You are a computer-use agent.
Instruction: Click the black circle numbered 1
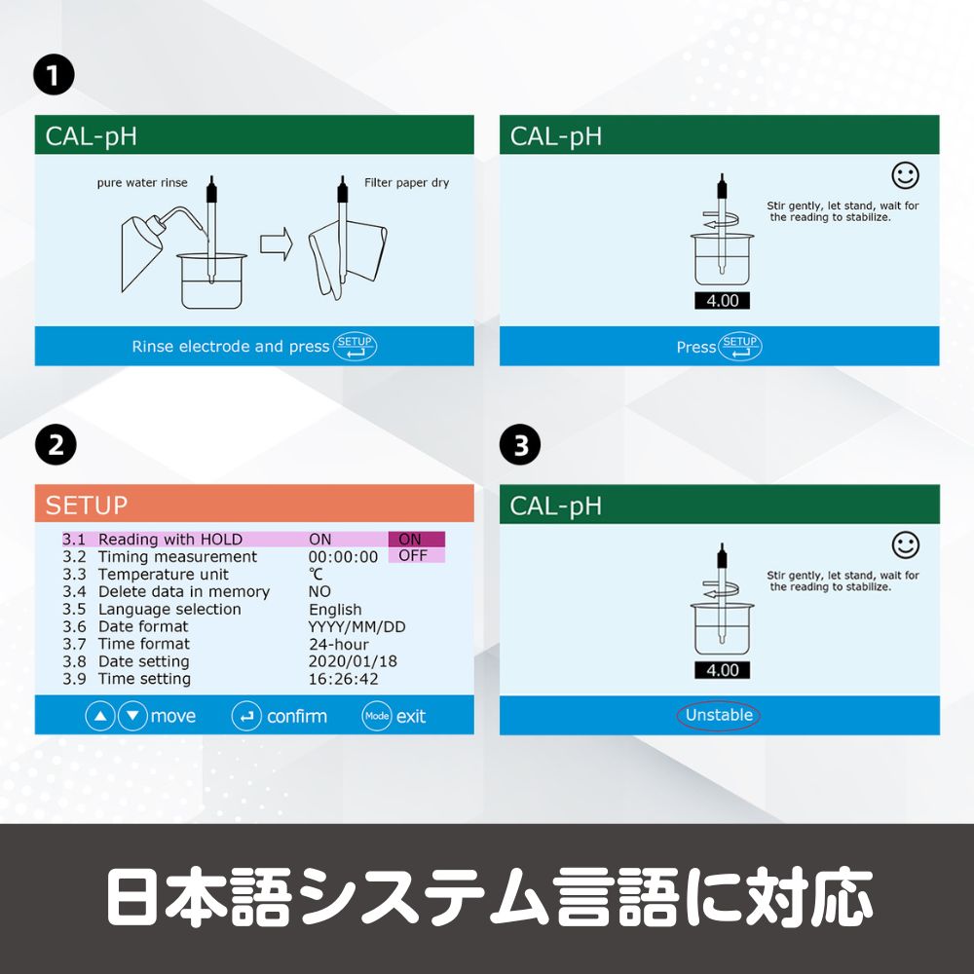point(54,75)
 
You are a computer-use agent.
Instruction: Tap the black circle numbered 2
point(56,445)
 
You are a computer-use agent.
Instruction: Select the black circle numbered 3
point(520,445)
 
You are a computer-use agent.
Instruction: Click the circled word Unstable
point(718,715)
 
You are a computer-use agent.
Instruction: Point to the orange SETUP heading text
point(87,505)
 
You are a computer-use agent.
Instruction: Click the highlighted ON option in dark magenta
point(416,539)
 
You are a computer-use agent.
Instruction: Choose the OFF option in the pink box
point(416,555)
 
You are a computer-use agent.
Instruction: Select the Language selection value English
point(335,610)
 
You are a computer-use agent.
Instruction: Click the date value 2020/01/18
point(353,661)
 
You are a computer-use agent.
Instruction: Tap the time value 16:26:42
point(344,678)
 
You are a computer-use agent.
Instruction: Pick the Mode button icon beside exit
point(377,716)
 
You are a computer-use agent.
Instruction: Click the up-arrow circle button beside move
point(100,716)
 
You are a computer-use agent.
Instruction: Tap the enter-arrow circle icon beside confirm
point(246,716)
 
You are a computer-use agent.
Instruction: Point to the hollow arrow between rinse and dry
point(277,243)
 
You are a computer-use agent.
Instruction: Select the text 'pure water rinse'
point(142,183)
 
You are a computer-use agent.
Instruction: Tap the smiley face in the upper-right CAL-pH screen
point(905,175)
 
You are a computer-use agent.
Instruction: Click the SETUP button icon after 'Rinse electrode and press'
point(355,346)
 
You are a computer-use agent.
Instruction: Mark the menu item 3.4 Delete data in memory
point(166,591)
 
